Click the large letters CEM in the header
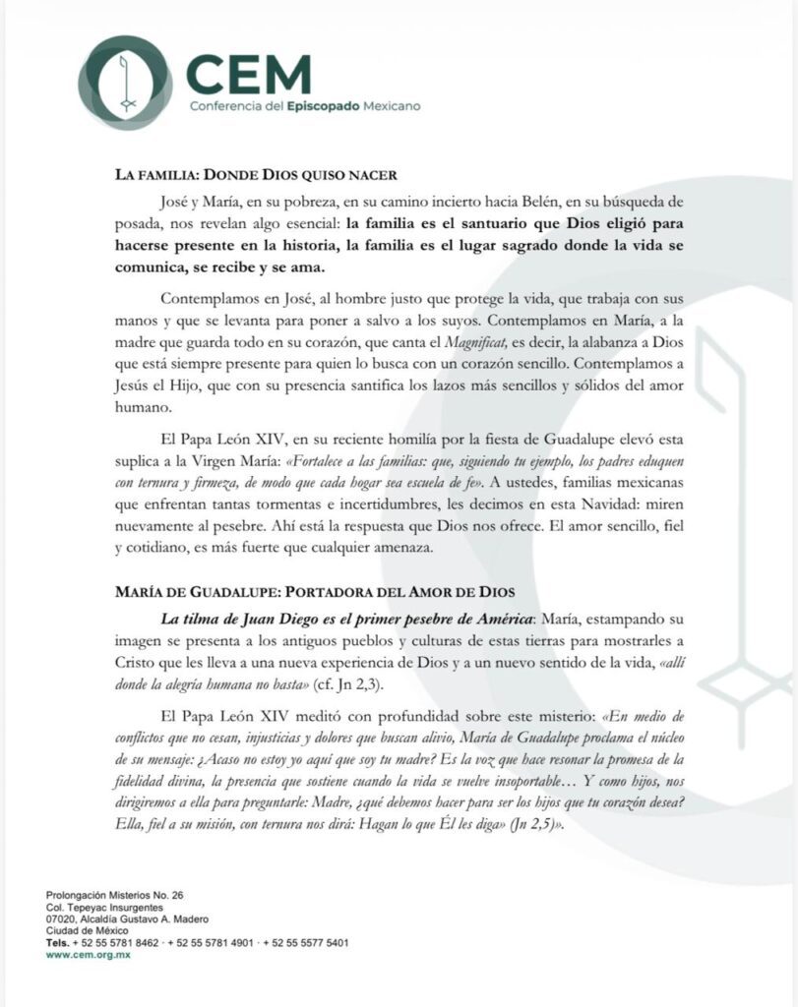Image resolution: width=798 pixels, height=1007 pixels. [248, 74]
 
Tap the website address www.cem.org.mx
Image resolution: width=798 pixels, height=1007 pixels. [88, 955]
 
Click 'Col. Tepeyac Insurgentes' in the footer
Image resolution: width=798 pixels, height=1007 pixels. [102, 908]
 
